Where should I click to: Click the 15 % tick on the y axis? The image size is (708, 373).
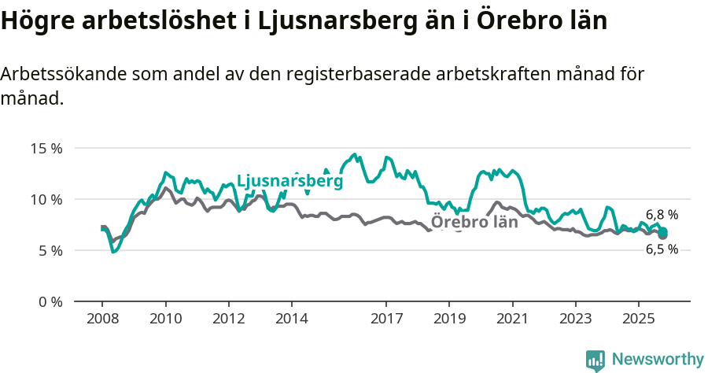46,148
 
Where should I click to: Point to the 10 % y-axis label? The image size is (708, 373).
46,199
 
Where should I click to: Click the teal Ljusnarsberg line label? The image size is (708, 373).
289,181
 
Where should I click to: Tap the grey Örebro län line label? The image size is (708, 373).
474,222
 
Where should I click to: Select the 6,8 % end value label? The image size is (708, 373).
662,214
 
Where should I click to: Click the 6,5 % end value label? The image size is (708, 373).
662,249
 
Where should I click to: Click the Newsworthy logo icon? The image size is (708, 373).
596,360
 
